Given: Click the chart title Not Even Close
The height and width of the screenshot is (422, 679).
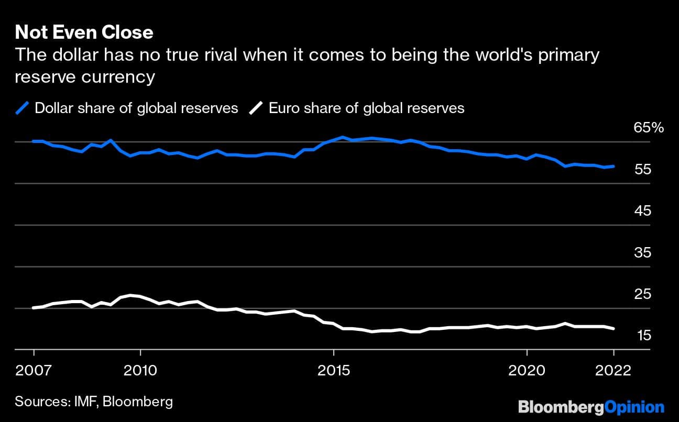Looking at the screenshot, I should [84, 32].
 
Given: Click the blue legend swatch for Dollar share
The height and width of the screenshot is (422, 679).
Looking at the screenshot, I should [22, 108].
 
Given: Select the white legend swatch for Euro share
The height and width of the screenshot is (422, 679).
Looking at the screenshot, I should [256, 108].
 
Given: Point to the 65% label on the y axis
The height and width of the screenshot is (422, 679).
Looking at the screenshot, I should [649, 128].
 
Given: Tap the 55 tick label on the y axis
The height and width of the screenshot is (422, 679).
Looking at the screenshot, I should [642, 170].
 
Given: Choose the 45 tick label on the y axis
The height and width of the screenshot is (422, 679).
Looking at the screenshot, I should [642, 211].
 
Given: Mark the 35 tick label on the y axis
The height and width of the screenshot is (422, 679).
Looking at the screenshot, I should [642, 253].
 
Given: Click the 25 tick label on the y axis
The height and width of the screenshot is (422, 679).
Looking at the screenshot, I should [642, 294].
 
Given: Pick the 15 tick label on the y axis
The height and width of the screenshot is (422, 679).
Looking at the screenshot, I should [642, 336].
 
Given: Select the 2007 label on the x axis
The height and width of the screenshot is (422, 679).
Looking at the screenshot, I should [34, 371].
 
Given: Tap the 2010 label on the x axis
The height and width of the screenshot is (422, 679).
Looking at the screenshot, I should [140, 371].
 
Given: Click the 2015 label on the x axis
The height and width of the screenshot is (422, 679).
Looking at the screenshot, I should [333, 371].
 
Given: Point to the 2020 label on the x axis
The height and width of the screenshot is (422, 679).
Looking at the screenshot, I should [527, 371].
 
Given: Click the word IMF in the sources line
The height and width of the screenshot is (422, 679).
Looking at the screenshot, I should [86, 402].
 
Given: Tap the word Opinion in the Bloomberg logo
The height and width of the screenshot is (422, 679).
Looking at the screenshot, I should [634, 407].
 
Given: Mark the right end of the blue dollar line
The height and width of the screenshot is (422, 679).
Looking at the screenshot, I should [614, 166].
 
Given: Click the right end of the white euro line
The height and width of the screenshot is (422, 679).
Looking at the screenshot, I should [614, 329].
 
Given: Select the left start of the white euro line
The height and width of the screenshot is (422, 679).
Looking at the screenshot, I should [34, 308].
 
